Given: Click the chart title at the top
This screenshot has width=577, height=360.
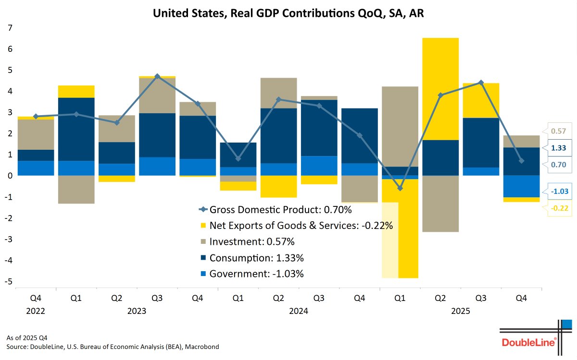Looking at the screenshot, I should coord(288,13).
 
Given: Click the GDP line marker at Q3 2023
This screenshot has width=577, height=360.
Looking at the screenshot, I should coord(157,76).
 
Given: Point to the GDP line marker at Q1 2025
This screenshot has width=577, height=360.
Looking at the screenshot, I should coord(400,188).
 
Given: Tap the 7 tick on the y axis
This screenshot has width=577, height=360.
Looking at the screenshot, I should coord(9,28).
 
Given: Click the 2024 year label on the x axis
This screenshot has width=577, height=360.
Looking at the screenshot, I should coord(299,311).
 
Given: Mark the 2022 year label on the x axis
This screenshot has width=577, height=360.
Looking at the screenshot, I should coord(36,311).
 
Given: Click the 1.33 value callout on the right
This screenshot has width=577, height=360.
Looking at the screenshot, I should coord(558,148).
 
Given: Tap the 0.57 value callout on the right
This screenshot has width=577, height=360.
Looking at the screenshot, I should coord(558,131).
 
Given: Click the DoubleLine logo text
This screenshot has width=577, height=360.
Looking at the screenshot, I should coord(528,342).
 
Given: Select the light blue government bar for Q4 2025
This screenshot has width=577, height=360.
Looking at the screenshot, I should coord(522,186).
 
